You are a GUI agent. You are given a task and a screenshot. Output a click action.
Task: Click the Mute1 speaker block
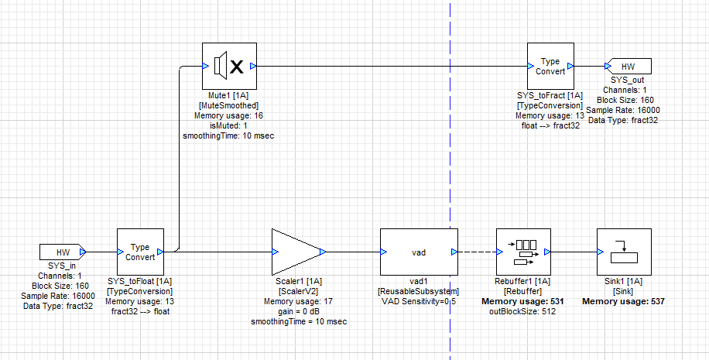pyautogui.click(x=229, y=67)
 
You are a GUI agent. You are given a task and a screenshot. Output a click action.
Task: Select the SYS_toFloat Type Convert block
pyautogui.click(x=140, y=252)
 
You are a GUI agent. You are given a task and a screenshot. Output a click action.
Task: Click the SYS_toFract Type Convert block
pyautogui.click(x=550, y=67)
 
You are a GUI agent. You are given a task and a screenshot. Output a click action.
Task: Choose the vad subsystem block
pyautogui.click(x=419, y=252)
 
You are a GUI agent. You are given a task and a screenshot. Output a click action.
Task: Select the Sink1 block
pyautogui.click(x=624, y=252)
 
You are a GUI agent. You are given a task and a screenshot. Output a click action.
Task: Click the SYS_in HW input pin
pyautogui.click(x=62, y=252)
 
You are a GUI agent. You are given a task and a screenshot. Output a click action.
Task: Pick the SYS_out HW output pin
pyautogui.click(x=629, y=67)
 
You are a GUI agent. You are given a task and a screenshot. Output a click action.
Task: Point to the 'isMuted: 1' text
pyautogui.click(x=228, y=125)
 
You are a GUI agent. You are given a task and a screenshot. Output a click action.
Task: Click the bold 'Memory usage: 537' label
pyautogui.click(x=624, y=301)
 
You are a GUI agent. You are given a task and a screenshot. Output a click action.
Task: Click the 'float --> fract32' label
pyautogui.click(x=550, y=125)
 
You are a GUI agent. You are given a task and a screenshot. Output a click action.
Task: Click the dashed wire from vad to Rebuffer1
pyautogui.click(x=475, y=252)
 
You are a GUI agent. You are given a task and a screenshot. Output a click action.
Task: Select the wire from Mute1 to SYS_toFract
pyautogui.click(x=387, y=67)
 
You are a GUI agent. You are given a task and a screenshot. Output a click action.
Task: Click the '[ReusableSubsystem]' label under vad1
pyautogui.click(x=419, y=291)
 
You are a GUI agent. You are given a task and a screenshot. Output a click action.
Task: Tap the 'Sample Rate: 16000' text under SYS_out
pyautogui.click(x=629, y=110)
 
